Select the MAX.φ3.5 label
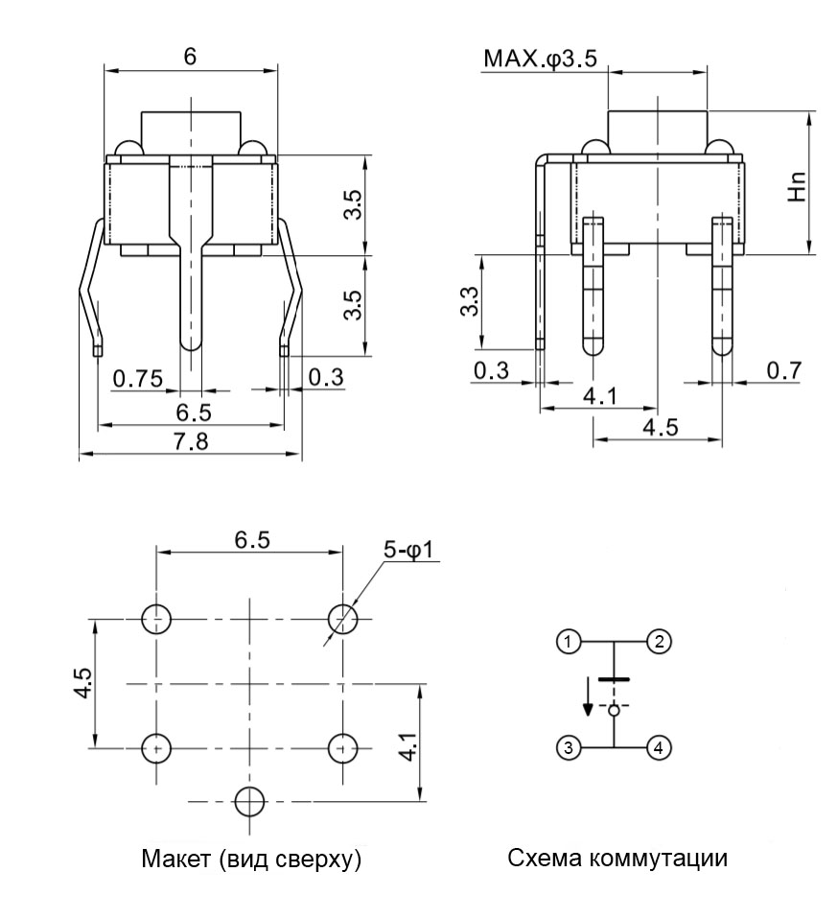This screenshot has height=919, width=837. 540,59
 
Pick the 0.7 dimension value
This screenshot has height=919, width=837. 783,370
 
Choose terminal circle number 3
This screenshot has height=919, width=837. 569,747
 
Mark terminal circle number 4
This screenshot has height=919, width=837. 658,747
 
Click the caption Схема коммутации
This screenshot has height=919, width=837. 616,859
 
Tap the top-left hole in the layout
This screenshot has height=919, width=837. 156,619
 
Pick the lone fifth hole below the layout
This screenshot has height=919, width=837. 249,800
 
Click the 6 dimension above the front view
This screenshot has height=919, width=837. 190,57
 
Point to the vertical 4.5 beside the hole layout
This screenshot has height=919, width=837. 83,683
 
